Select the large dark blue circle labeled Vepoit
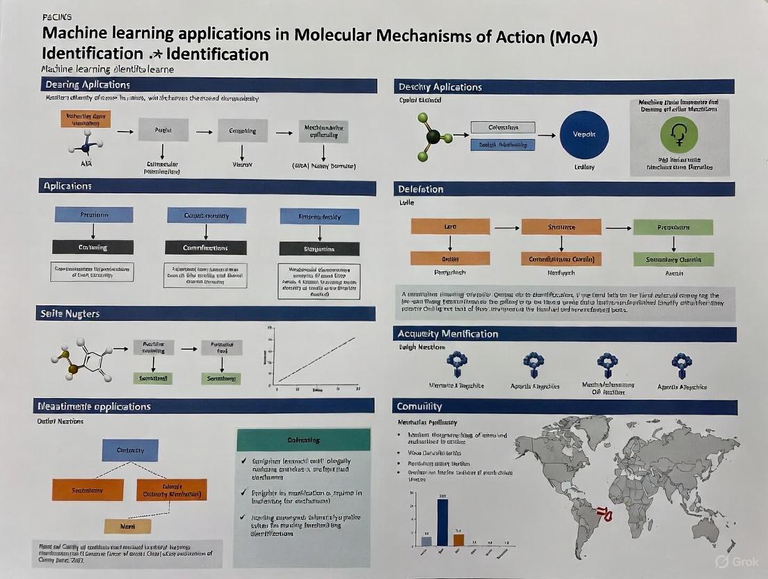[584, 135]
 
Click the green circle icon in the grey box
[679, 134]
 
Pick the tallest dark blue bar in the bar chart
[442, 522]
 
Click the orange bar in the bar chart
[458, 539]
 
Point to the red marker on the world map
[607, 516]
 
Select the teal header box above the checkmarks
[303, 440]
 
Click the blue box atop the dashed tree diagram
[130, 450]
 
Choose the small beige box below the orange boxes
[127, 526]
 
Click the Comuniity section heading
[419, 406]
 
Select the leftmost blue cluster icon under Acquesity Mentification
[457, 363]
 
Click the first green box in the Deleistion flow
[673, 227]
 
